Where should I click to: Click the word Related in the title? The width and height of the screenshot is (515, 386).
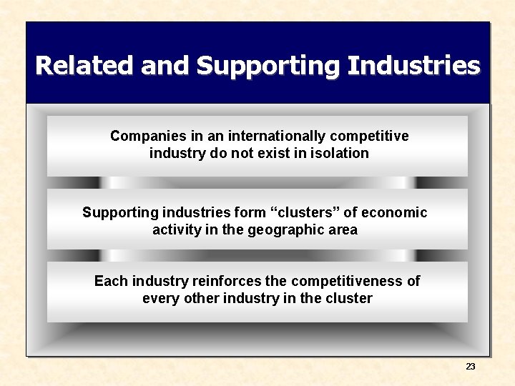(x=85, y=66)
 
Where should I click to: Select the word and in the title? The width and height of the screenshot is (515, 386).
(x=166, y=66)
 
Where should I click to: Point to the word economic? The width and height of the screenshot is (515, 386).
(x=394, y=213)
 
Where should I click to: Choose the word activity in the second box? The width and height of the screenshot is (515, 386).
(x=176, y=230)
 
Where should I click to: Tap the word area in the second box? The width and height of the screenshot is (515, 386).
(x=342, y=230)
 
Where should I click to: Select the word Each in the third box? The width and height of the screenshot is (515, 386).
(x=109, y=281)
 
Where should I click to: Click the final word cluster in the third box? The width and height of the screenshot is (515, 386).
(x=349, y=298)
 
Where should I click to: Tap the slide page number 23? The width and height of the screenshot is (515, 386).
(x=470, y=367)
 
